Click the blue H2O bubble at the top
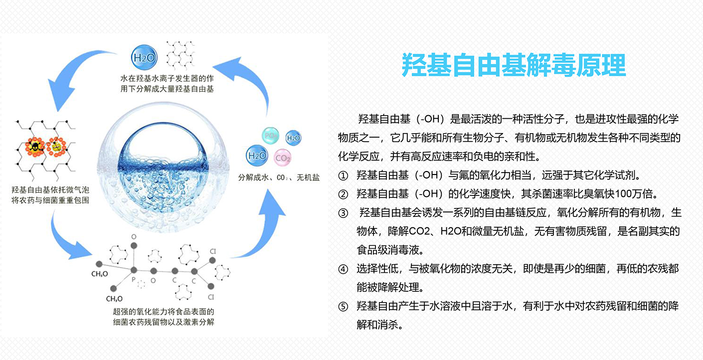[x=144, y=57]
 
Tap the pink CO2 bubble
[x=283, y=158]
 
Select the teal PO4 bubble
[x=270, y=136]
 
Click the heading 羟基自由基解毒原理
[x=514, y=65]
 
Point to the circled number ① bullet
[x=343, y=176]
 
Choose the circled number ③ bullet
[x=343, y=213]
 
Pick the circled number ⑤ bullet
[x=343, y=306]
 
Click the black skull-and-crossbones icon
[x=34, y=147]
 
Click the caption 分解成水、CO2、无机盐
[x=279, y=178]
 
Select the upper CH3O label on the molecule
[x=100, y=274]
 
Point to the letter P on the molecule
[x=134, y=279]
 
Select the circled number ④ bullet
[x=343, y=269]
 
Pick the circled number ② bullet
[x=343, y=194]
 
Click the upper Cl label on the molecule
[x=213, y=251]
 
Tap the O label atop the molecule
[x=134, y=237]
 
